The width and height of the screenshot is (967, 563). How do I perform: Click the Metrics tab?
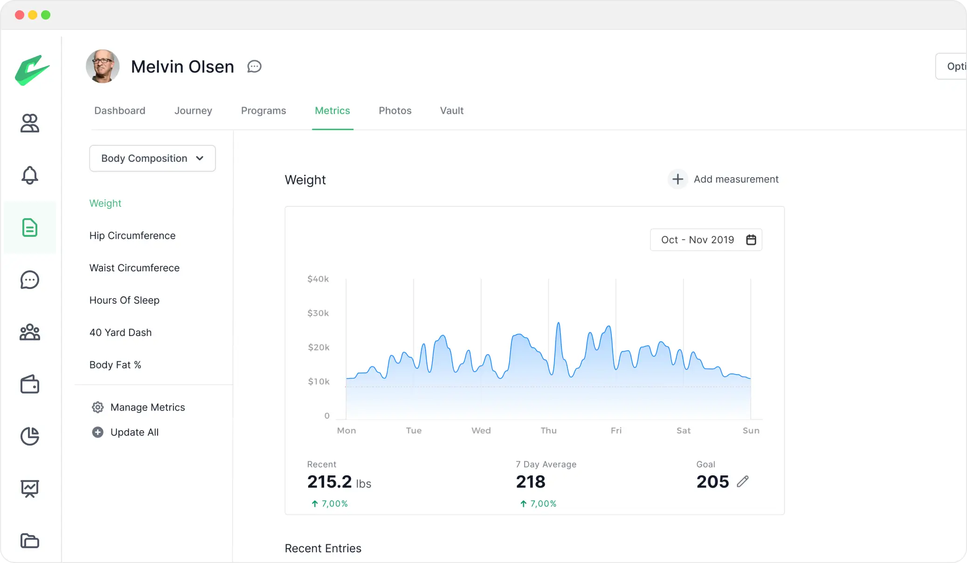[x=332, y=111]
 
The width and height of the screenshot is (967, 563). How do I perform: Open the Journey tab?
[x=193, y=111]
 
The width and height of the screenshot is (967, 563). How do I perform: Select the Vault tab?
[x=451, y=111]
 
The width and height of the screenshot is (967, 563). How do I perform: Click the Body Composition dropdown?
[x=152, y=158]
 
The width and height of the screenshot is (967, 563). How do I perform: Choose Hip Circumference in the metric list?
[x=132, y=236]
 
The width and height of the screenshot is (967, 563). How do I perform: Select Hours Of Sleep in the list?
[x=124, y=301]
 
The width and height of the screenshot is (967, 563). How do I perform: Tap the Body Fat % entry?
[x=115, y=365]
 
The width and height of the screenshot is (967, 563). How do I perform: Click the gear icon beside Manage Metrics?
[x=97, y=407]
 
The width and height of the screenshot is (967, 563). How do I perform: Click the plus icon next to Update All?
[x=97, y=433]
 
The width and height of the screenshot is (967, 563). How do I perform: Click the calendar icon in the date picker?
[x=751, y=240]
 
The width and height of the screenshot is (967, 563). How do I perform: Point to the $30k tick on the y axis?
[x=318, y=313]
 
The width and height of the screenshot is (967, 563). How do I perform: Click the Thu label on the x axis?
[x=548, y=431]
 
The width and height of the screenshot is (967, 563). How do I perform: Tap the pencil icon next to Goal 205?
[x=742, y=481]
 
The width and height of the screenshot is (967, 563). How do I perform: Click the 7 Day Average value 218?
[x=531, y=482]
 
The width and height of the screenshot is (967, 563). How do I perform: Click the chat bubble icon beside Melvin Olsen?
[x=254, y=67]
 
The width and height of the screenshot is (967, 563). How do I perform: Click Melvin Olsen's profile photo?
[x=103, y=66]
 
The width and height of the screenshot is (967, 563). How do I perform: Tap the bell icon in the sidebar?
[x=30, y=175]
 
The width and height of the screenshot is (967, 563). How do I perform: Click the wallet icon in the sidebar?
[x=30, y=384]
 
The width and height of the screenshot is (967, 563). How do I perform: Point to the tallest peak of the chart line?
[x=558, y=323]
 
